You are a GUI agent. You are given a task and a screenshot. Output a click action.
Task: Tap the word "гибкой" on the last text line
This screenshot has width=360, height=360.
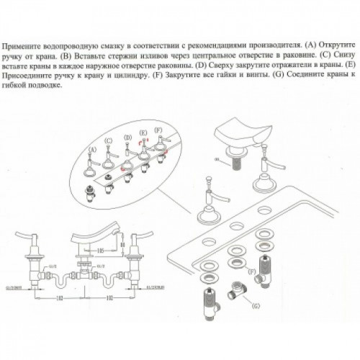tap(30, 84)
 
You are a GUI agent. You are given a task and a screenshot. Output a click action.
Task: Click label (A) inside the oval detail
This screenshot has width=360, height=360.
tap(91, 148)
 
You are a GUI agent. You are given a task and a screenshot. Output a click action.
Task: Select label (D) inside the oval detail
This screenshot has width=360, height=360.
tap(127, 137)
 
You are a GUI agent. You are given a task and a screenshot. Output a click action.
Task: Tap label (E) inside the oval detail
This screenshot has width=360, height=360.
tap(143, 133)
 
